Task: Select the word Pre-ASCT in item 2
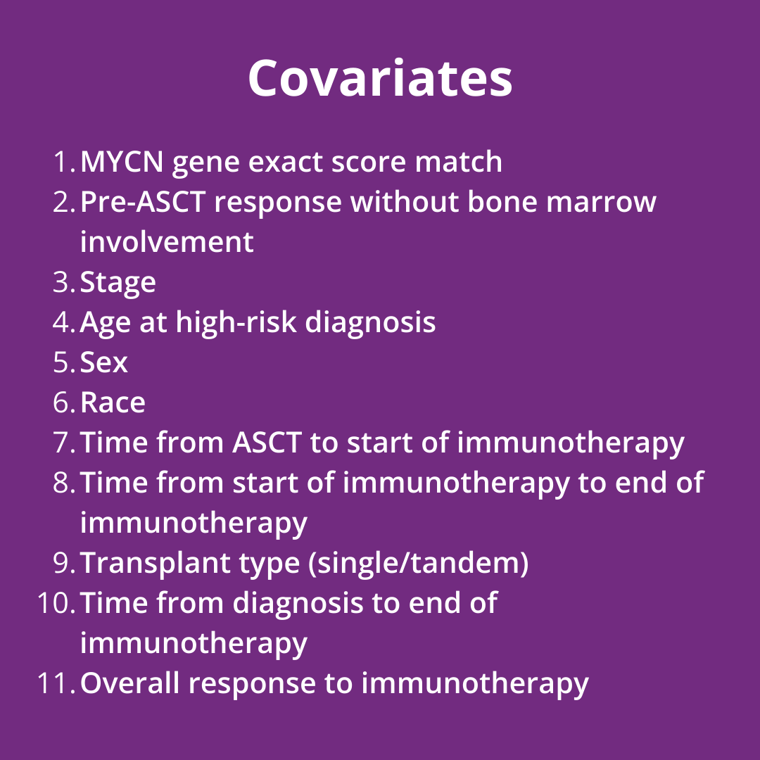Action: click(143, 202)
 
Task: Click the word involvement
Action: click(167, 241)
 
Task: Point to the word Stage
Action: click(118, 283)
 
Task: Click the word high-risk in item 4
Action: click(236, 322)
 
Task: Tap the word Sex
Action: click(103, 362)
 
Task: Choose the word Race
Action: click(113, 403)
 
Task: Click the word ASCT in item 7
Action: click(267, 443)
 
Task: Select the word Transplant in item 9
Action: click(155, 564)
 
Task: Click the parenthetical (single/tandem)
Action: click(418, 563)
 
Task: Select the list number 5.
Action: click(63, 362)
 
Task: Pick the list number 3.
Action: click(63, 282)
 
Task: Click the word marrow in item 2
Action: click(601, 202)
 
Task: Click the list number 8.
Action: click(63, 483)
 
